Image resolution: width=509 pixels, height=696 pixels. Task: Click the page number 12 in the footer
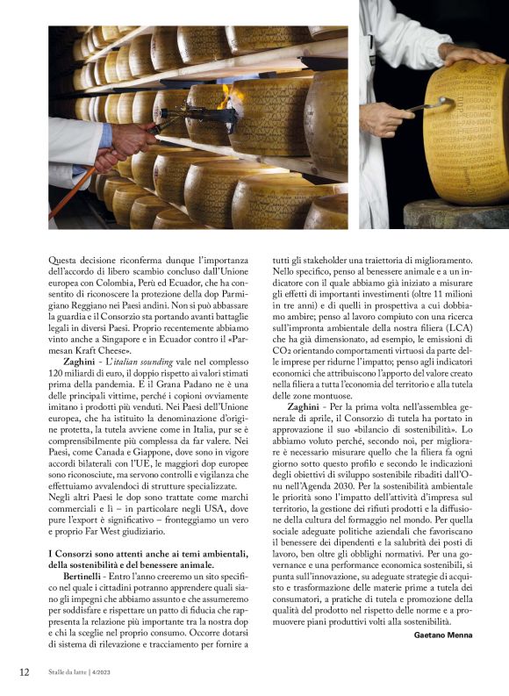coord(24,672)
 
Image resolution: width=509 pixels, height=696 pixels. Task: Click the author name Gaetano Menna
coord(448,635)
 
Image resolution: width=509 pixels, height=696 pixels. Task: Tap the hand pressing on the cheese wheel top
coord(473,55)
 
